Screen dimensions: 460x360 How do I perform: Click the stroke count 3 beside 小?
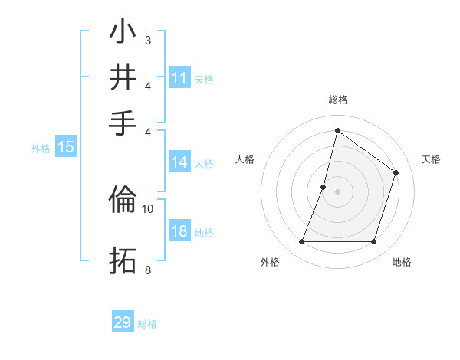tap(147, 40)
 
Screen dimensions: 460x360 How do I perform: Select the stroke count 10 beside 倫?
tap(148, 208)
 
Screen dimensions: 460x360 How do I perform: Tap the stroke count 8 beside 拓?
tap(147, 269)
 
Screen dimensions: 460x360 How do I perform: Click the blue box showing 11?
tap(179, 78)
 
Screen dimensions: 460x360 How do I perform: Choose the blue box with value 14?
tap(179, 162)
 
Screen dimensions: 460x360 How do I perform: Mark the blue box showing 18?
tap(179, 232)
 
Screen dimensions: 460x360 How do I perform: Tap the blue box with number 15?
tap(66, 148)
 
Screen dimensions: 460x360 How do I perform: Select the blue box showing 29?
tap(123, 322)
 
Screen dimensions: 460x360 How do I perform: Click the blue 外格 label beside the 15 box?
tap(41, 149)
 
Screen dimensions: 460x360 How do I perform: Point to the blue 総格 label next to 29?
tap(148, 324)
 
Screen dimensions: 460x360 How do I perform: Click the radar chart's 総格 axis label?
tap(337, 100)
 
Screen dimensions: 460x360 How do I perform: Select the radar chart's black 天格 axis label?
tap(431, 159)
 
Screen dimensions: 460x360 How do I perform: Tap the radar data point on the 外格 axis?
tap(301, 242)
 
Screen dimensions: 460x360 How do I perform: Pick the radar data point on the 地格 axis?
tap(373, 242)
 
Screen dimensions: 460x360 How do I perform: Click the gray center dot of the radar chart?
tap(337, 191)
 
